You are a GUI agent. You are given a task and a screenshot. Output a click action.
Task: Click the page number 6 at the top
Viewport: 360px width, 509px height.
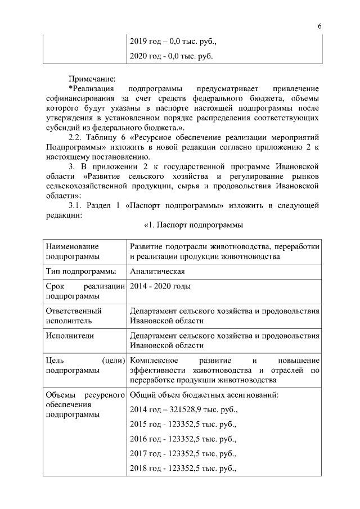[x=319, y=26]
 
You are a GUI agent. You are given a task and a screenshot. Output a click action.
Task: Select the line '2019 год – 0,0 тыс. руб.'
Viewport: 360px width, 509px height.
[x=173, y=42]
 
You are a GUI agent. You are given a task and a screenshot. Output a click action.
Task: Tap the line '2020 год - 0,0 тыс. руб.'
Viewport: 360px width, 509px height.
[x=171, y=57]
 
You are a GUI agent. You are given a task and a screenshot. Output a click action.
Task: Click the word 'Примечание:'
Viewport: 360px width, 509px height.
[x=92, y=79]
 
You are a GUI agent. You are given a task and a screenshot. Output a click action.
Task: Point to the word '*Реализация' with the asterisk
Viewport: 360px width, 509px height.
[x=92, y=89]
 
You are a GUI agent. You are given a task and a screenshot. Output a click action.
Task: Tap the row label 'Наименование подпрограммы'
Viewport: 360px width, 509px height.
[x=72, y=252]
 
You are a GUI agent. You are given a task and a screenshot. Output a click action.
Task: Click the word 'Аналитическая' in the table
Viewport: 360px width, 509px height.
[x=157, y=272]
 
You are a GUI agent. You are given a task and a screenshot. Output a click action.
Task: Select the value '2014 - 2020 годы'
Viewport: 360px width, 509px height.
[x=160, y=286]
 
